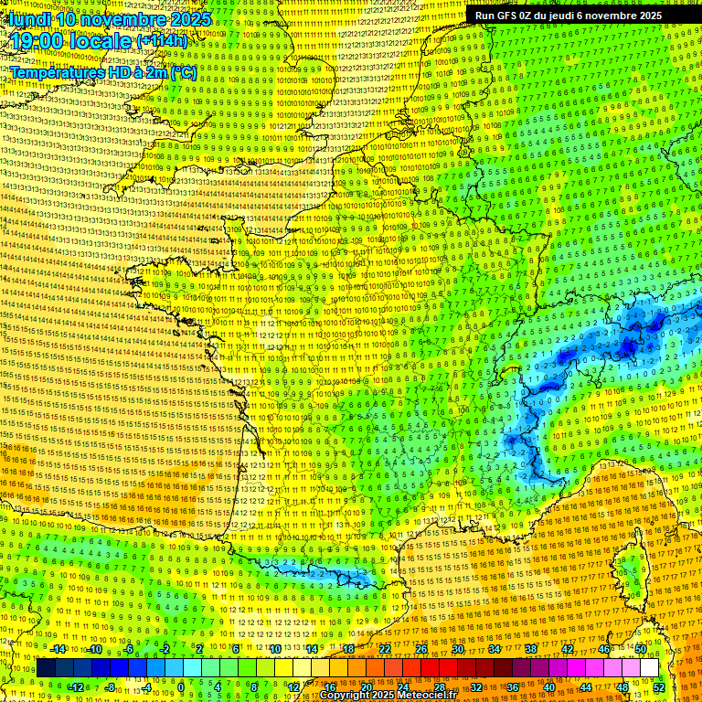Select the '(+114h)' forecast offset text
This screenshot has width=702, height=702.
pos(162,41)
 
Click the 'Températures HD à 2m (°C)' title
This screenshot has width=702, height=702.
pos(103,71)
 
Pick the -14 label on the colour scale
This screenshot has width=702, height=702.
pos(58,649)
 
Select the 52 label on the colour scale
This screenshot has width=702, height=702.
pos(659,686)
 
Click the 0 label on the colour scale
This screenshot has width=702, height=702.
pos(182,686)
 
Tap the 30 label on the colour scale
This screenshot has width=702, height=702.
pos(457,649)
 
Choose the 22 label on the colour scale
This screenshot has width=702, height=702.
pos(385,649)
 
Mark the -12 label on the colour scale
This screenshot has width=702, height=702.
pos(76,686)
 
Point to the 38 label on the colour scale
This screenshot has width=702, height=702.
pos(530,649)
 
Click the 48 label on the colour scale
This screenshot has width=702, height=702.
pos(622,686)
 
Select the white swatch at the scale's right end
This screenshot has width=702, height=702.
pos(649,668)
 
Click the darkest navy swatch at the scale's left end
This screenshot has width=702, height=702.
pos(47,668)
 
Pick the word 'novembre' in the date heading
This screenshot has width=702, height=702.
pos(122,18)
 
